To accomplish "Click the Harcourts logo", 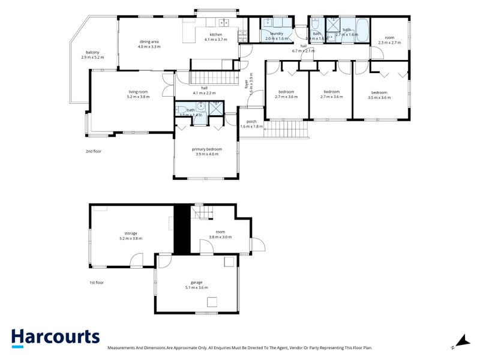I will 55,337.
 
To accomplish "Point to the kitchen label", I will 216,37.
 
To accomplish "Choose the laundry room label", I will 277,36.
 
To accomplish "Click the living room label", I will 137,94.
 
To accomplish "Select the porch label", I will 251,124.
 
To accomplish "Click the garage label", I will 196,285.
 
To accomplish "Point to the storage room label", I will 131,235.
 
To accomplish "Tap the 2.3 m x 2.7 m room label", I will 389,40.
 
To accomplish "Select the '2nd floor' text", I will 94,151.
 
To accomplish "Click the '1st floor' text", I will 96,282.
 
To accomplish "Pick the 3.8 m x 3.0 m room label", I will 220,235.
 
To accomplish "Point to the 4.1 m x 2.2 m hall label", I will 204,91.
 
